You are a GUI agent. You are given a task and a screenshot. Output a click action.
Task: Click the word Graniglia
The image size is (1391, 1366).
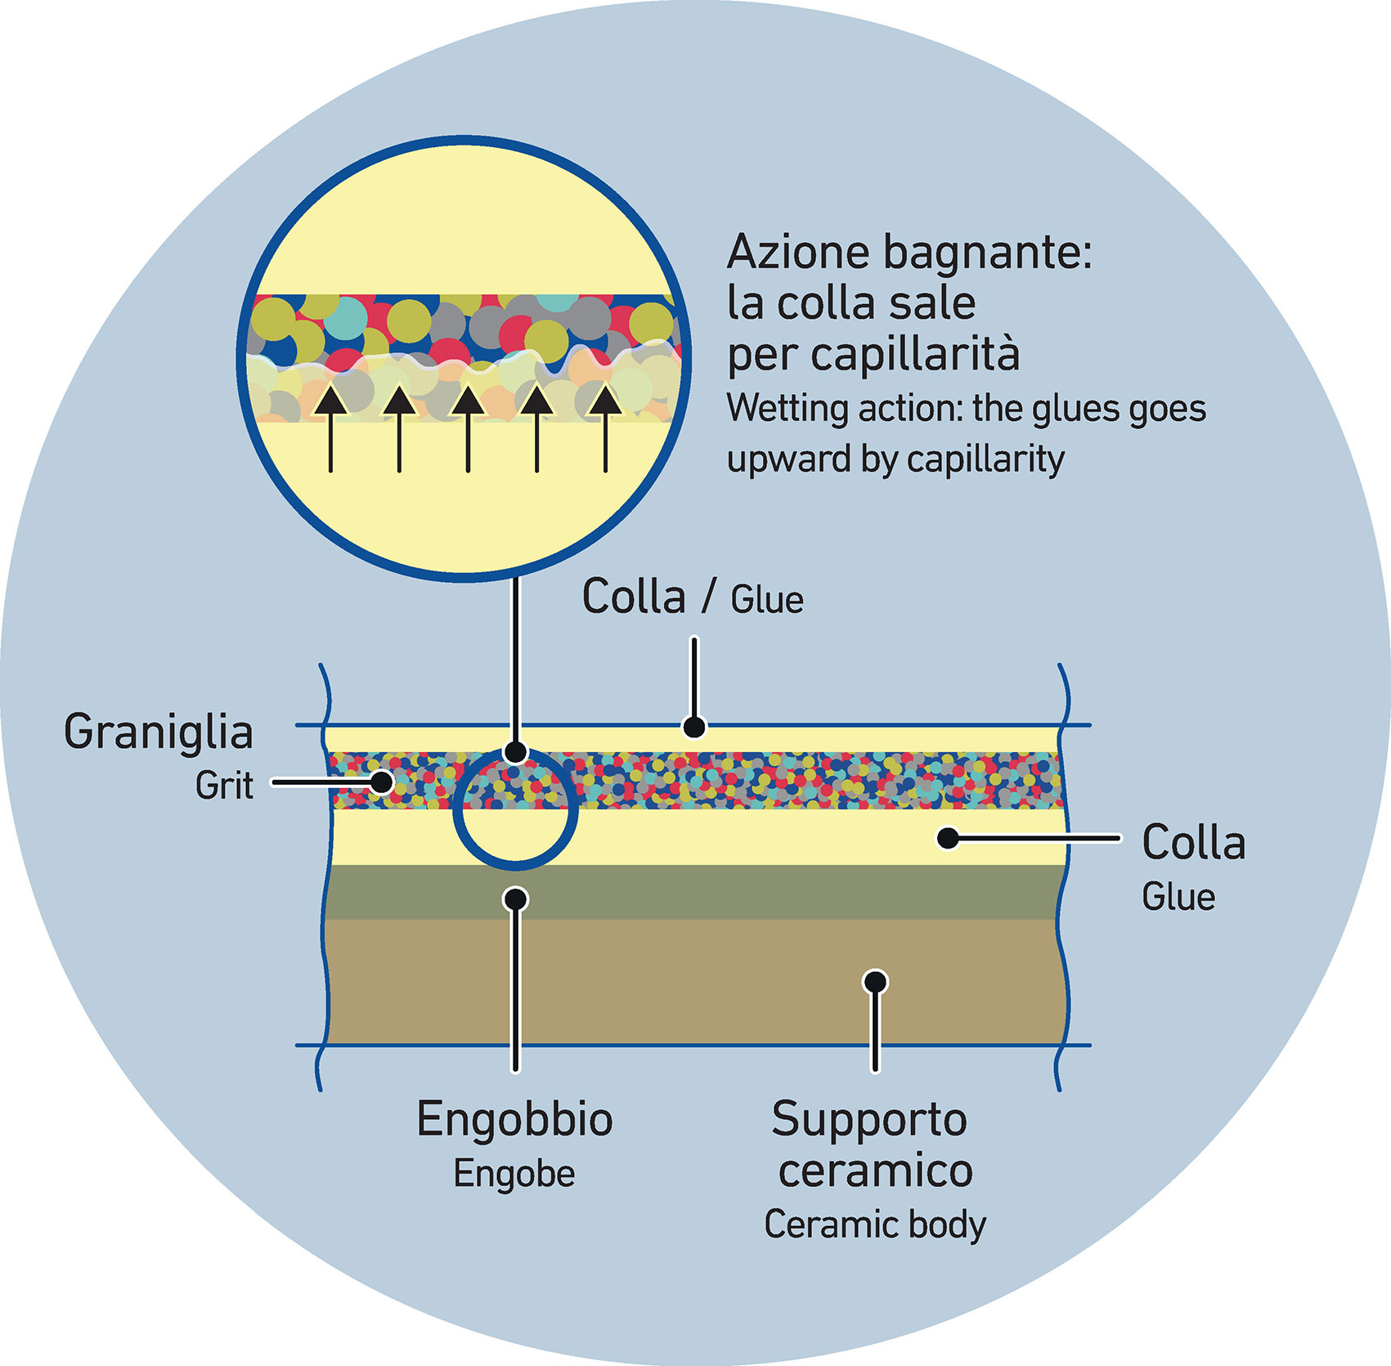tap(158, 732)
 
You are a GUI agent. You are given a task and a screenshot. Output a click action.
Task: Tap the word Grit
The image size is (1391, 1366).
tap(223, 786)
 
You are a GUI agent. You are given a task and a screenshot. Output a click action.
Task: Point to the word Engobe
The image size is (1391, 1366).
tap(514, 1174)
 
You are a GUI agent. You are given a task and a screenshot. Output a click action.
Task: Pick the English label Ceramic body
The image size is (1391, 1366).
tap(874, 1225)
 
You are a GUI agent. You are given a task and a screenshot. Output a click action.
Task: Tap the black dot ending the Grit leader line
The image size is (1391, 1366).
tap(381, 782)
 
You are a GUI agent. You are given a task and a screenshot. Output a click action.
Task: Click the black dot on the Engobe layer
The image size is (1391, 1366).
tap(515, 899)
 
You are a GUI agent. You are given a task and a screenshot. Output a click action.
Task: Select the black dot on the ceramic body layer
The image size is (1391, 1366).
tap(875, 981)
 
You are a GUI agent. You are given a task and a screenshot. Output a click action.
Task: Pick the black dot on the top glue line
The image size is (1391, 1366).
tap(694, 726)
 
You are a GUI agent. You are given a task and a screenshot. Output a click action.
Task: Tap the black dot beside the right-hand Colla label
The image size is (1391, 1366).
tap(948, 838)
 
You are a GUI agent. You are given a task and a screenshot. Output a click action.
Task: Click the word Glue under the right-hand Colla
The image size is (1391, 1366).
tap(1178, 897)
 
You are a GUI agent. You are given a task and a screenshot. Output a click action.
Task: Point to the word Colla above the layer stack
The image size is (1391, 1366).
tap(633, 597)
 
